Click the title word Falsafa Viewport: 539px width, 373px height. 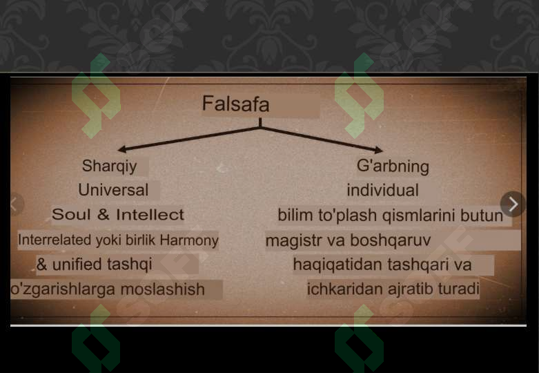[235, 104]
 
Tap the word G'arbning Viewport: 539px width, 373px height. [393, 166]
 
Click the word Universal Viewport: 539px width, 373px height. [113, 189]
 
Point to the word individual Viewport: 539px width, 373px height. [382, 190]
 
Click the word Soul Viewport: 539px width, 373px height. [71, 215]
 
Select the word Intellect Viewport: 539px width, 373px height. [150, 215]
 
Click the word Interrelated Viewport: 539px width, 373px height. [54, 240]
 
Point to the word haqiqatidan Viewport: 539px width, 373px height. [337, 265]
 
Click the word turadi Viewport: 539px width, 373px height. [458, 289]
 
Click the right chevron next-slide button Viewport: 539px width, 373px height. [513, 204]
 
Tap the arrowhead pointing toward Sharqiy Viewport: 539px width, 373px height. [121, 149]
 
